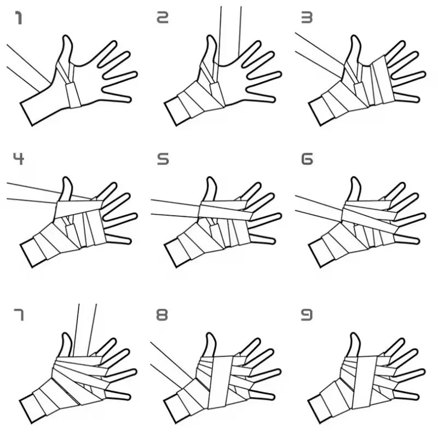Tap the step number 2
pos(163,19)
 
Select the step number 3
pos(307,19)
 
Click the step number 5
pos(163,159)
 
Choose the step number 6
pos(307,159)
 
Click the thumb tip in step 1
pos(67,39)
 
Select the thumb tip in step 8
pos(211,336)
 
